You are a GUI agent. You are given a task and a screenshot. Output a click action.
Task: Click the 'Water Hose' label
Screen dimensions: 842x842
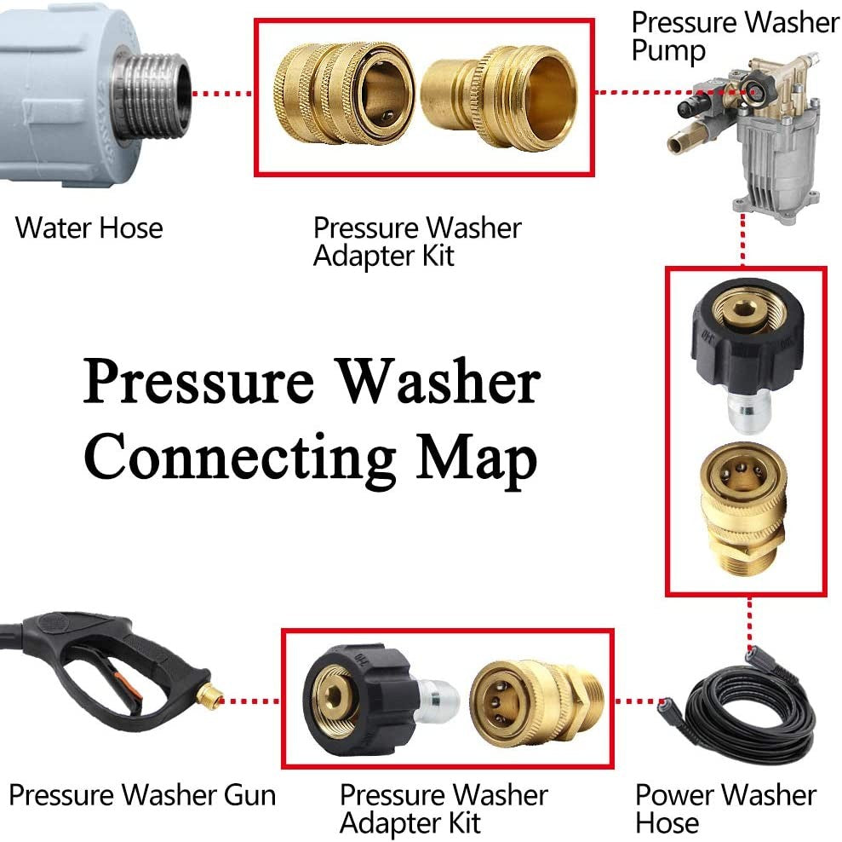pyautogui.click(x=89, y=228)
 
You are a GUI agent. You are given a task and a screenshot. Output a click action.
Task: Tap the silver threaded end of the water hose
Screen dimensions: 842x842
pyautogui.click(x=152, y=94)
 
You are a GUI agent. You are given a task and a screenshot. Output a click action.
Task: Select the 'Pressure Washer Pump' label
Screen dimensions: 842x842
pyautogui.click(x=734, y=36)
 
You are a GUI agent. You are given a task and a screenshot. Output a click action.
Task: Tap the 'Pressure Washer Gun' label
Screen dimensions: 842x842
pyautogui.click(x=142, y=795)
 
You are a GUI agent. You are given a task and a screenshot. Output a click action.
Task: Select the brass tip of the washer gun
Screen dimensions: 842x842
pyautogui.click(x=207, y=700)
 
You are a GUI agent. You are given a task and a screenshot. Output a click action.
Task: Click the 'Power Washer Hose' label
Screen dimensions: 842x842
pyautogui.click(x=725, y=809)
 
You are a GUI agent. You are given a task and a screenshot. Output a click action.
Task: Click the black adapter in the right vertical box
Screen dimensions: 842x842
pyautogui.click(x=744, y=349)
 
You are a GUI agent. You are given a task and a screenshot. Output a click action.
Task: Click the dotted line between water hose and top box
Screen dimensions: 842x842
pyautogui.click(x=223, y=94)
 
